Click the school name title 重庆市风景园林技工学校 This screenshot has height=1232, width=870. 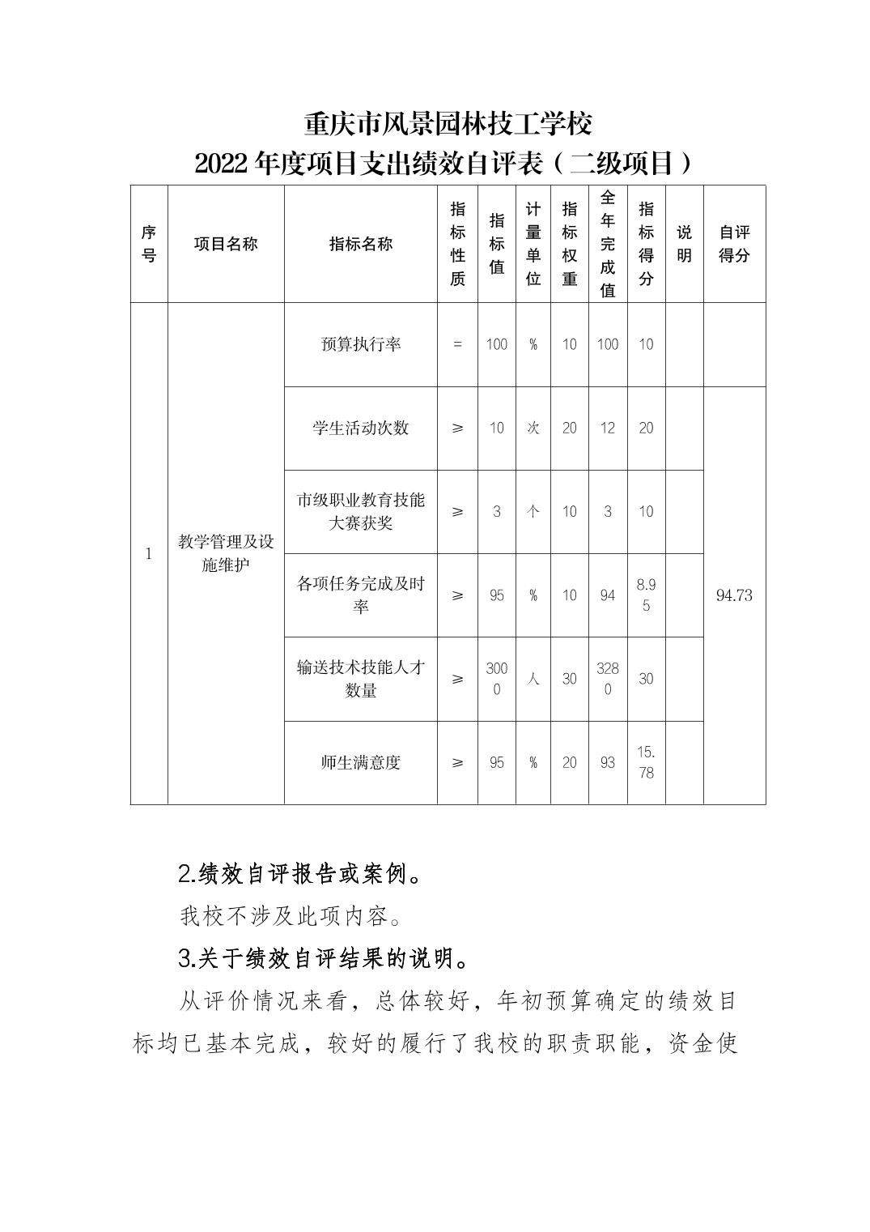448,124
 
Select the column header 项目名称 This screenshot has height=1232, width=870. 226,244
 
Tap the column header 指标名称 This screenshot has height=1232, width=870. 360,244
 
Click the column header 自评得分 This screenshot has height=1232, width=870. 734,244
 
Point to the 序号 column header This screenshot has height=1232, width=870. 149,244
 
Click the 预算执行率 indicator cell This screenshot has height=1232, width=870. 360,344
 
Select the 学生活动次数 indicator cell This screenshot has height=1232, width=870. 360,428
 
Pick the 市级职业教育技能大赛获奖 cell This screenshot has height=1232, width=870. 360,511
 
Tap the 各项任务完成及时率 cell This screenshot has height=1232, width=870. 360,595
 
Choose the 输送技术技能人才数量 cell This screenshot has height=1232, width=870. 360,679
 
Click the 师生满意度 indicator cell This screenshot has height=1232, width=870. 360,762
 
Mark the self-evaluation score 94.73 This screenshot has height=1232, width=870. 734,595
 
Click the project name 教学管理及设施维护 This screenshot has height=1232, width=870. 226,553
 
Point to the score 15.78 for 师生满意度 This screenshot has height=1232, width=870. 646,762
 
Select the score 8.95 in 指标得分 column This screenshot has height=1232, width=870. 646,595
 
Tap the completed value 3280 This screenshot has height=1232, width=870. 608,679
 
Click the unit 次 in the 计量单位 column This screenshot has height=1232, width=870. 533,428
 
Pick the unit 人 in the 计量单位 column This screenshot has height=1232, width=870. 533,679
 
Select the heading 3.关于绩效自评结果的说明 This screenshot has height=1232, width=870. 323,959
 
